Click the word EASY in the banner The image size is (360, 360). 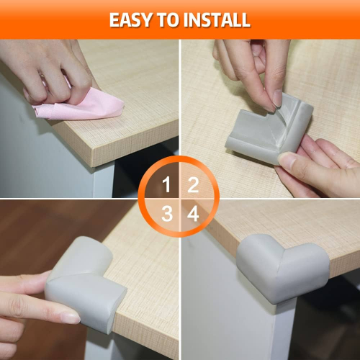(131, 20)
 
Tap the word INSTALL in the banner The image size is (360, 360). (217, 20)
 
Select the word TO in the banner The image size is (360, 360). (168, 20)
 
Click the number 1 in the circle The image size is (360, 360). (166, 184)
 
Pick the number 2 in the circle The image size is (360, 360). (193, 184)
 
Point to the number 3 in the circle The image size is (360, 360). (167, 213)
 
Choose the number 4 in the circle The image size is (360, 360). (193, 213)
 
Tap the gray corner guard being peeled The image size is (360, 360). (269, 130)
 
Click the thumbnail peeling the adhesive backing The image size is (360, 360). (277, 99)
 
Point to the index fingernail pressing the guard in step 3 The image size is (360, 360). (70, 318)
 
